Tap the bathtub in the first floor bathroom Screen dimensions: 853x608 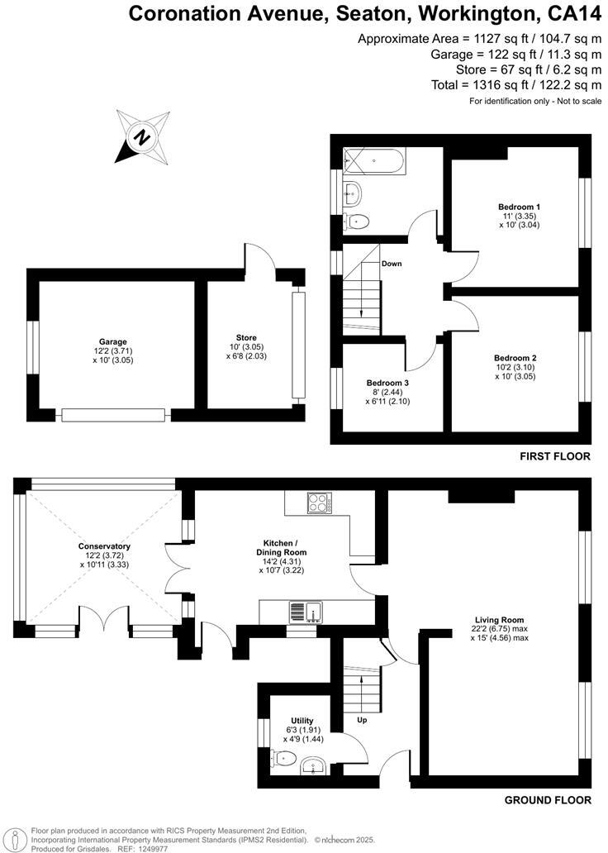coord(374,160)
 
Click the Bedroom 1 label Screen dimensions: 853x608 coord(519,207)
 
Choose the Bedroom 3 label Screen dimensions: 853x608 coord(387,384)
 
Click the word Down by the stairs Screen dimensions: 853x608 coord(392,264)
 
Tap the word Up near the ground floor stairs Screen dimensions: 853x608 coord(361,720)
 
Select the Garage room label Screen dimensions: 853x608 coord(113,341)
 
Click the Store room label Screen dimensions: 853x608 coord(246,337)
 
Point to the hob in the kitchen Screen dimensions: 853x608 coord(318,502)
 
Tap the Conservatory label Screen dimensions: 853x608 coord(104,546)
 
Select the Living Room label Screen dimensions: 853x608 coord(499,619)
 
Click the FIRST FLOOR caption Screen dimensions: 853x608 coord(554,456)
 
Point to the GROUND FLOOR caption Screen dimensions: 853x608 coord(548,800)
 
